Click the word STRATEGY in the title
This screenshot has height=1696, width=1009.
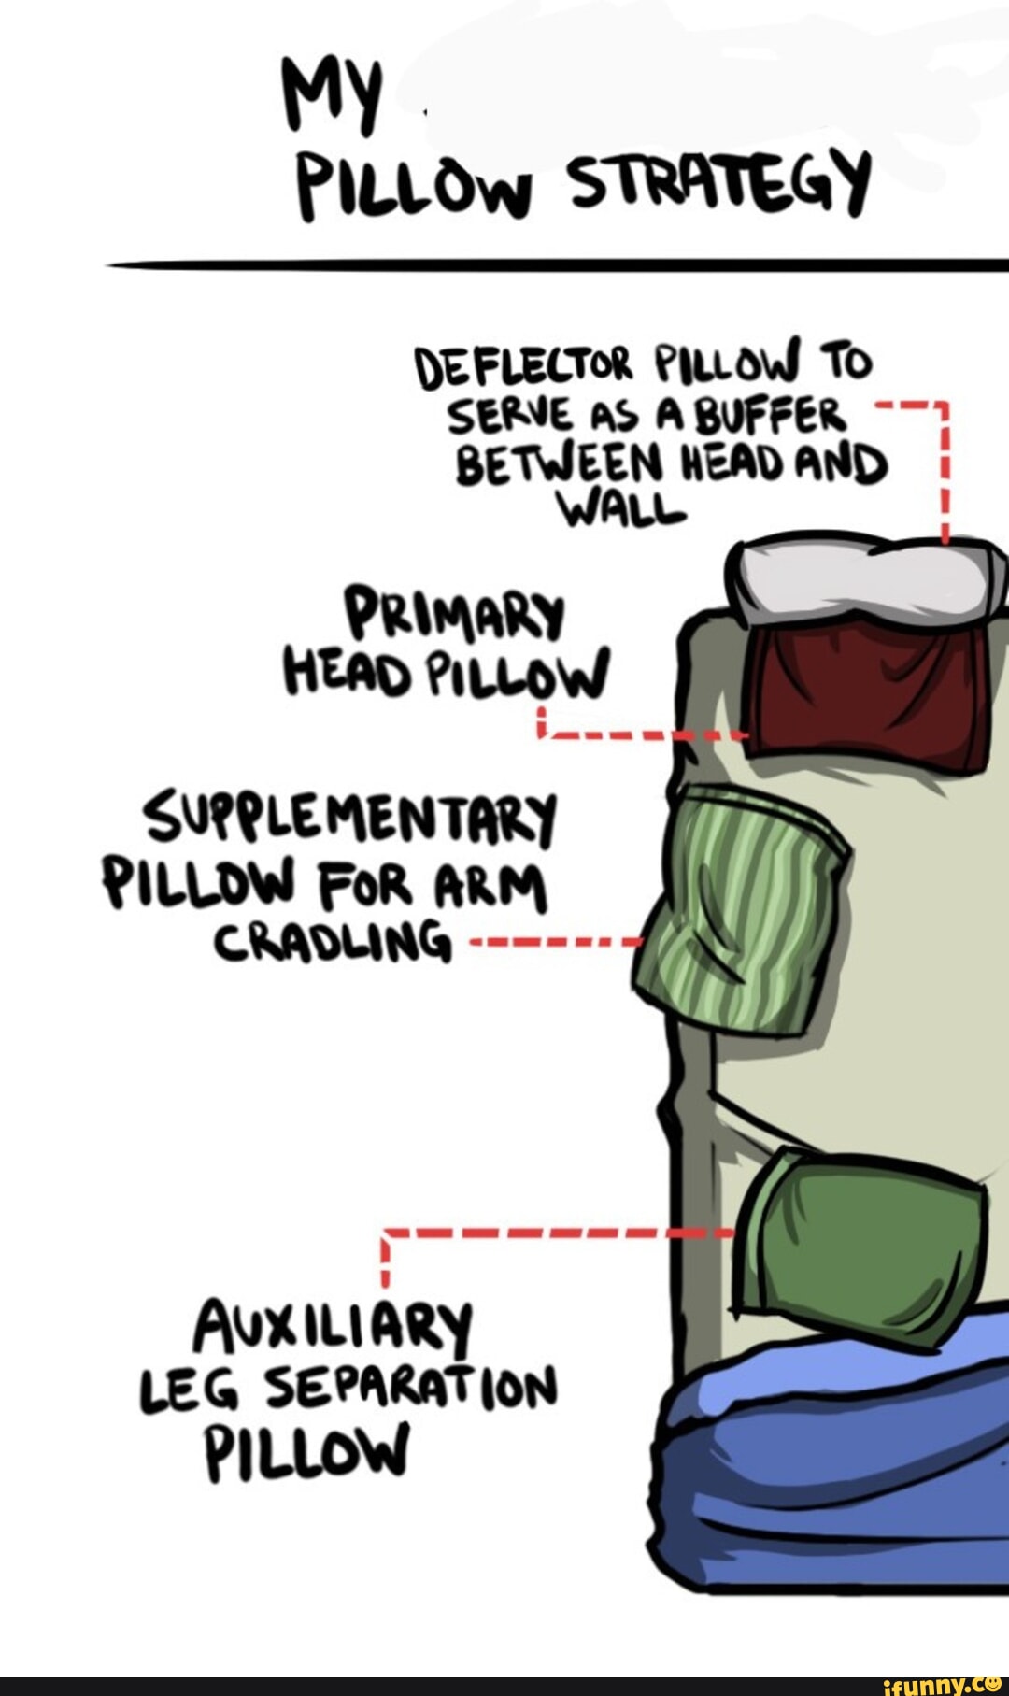(x=720, y=182)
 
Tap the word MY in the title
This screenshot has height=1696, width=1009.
(x=334, y=94)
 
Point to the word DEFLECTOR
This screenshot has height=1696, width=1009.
(x=526, y=367)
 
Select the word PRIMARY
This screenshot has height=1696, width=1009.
(x=455, y=613)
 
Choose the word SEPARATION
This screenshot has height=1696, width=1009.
(x=411, y=1387)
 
